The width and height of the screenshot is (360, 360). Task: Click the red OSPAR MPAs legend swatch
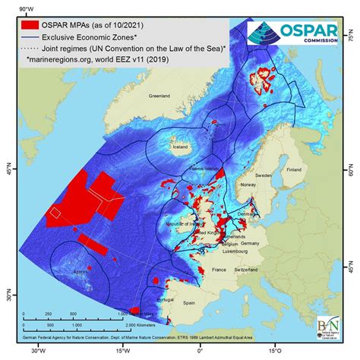pos(30,22)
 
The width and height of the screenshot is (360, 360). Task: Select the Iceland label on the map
pos(180,147)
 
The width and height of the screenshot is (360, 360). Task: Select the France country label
pos(222,269)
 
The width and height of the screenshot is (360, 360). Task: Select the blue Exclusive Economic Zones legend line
pos(30,36)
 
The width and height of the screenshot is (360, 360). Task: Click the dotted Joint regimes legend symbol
pos(30,48)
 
